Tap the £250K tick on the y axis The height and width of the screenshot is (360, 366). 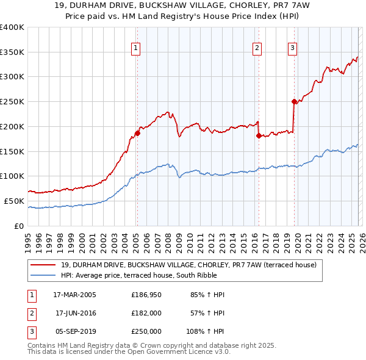point(12,102)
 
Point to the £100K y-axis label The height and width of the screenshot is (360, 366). point(12,176)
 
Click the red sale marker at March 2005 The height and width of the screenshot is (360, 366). point(137,133)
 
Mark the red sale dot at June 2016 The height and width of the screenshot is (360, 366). point(259,135)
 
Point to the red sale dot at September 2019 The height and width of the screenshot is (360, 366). point(294,101)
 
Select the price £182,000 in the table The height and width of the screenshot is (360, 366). point(146,313)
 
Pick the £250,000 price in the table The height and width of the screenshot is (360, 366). point(146,331)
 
